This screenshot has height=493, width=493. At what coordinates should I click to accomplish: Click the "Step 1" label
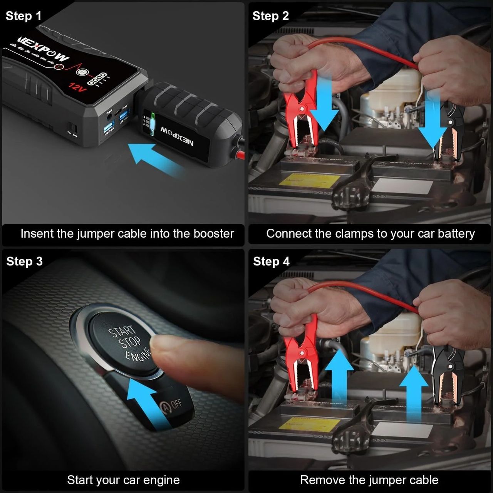(x=23, y=16)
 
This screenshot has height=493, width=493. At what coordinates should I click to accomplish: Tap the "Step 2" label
(x=270, y=16)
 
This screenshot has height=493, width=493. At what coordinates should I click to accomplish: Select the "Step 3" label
(x=24, y=262)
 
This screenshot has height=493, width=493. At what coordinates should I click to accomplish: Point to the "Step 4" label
(x=271, y=262)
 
